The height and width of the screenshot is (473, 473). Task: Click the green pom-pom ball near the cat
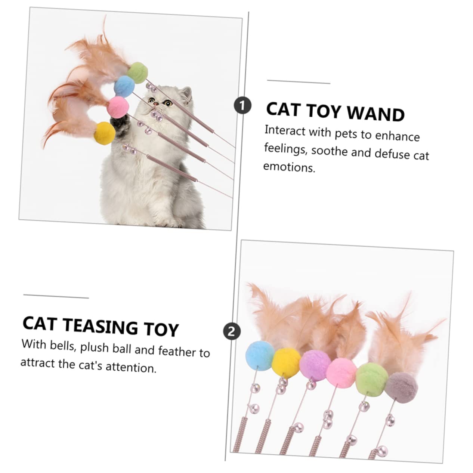click(x=137, y=72)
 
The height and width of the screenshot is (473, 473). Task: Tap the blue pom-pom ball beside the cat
click(x=125, y=86)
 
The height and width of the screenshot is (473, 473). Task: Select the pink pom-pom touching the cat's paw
click(x=118, y=107)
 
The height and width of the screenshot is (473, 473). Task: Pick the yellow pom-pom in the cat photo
click(x=105, y=133)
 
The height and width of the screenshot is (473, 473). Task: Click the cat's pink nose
click(x=156, y=104)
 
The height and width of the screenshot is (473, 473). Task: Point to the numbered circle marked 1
click(x=242, y=105)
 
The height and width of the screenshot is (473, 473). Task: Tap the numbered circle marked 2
click(x=232, y=332)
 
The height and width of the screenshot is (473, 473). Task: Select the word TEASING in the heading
click(x=102, y=326)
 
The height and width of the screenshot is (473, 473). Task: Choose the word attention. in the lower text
click(x=131, y=367)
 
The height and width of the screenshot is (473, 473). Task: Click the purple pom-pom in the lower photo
click(x=315, y=365)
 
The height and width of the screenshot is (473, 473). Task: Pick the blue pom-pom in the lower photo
click(x=260, y=354)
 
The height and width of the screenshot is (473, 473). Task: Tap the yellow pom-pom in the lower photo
click(x=287, y=362)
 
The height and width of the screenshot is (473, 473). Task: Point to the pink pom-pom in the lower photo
click(x=341, y=373)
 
